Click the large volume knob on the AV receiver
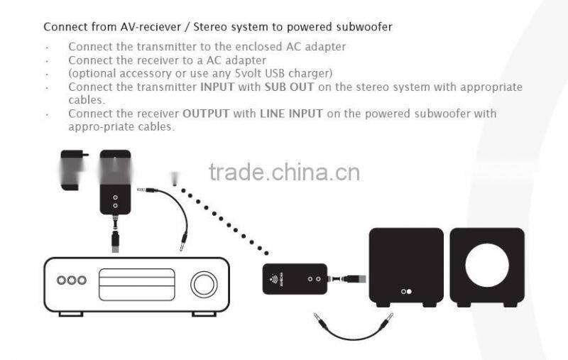coord(204,284)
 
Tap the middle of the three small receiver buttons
coord(72,280)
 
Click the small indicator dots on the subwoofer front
coord(405,291)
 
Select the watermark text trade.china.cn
coord(284,173)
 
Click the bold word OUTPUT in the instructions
coord(205,114)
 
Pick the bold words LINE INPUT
coord(291,114)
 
